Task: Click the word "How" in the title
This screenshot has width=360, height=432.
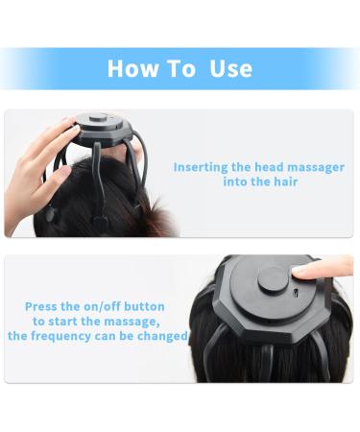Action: click(130, 68)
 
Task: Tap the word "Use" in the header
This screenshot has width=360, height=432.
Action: click(230, 68)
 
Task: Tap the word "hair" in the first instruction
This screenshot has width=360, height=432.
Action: click(284, 181)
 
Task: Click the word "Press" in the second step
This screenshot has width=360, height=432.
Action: click(44, 307)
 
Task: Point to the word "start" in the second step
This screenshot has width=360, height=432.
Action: click(65, 322)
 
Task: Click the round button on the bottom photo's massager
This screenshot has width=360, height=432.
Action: click(273, 278)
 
